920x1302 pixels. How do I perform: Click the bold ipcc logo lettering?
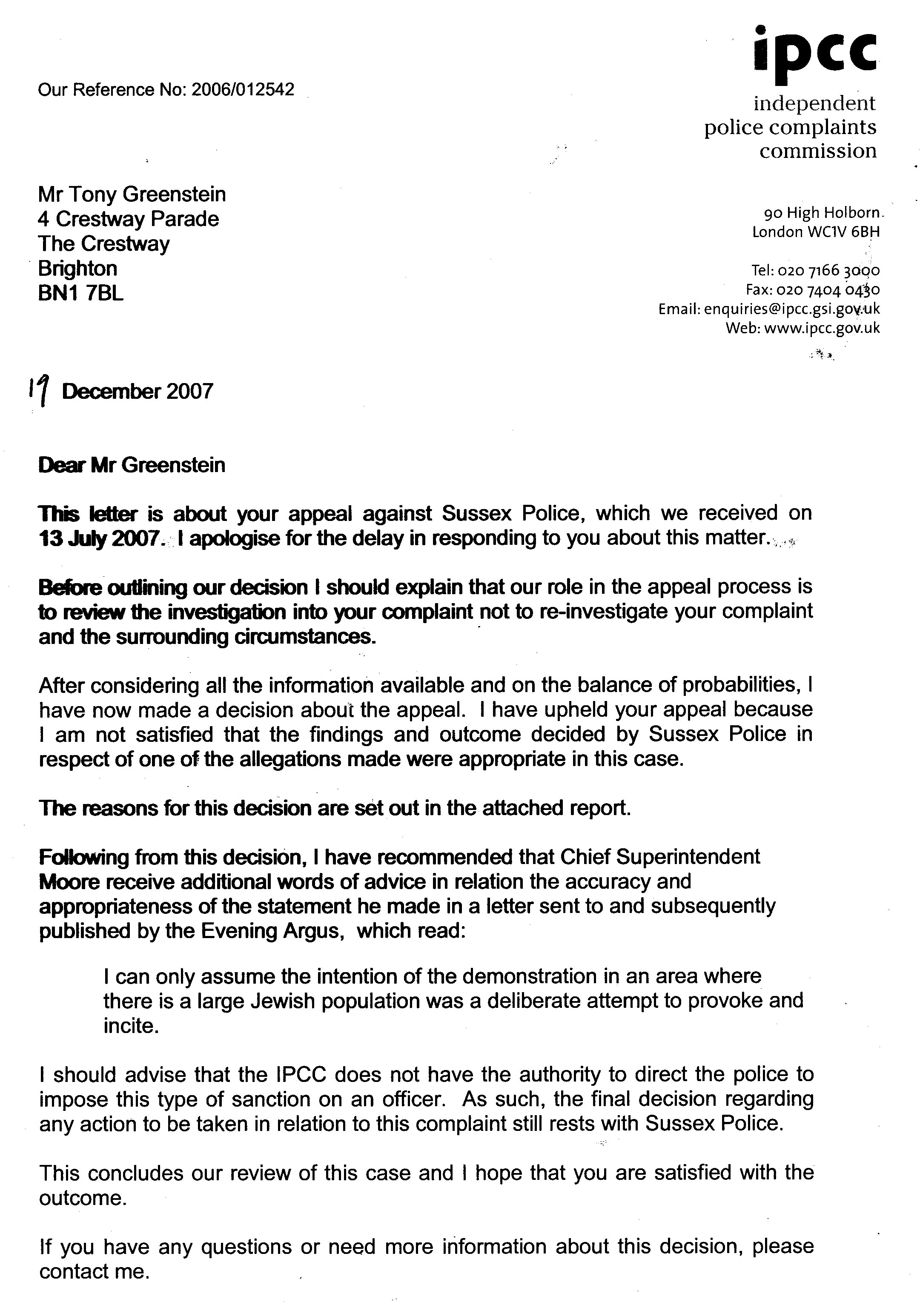click(816, 49)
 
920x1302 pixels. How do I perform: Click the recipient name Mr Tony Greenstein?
click(132, 195)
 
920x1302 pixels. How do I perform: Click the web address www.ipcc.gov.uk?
click(822, 328)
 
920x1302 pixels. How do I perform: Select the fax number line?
click(812, 290)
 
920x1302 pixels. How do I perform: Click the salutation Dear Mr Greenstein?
click(132, 465)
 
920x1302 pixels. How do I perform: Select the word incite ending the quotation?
click(130, 1026)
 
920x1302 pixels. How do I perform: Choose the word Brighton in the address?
click(78, 268)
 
